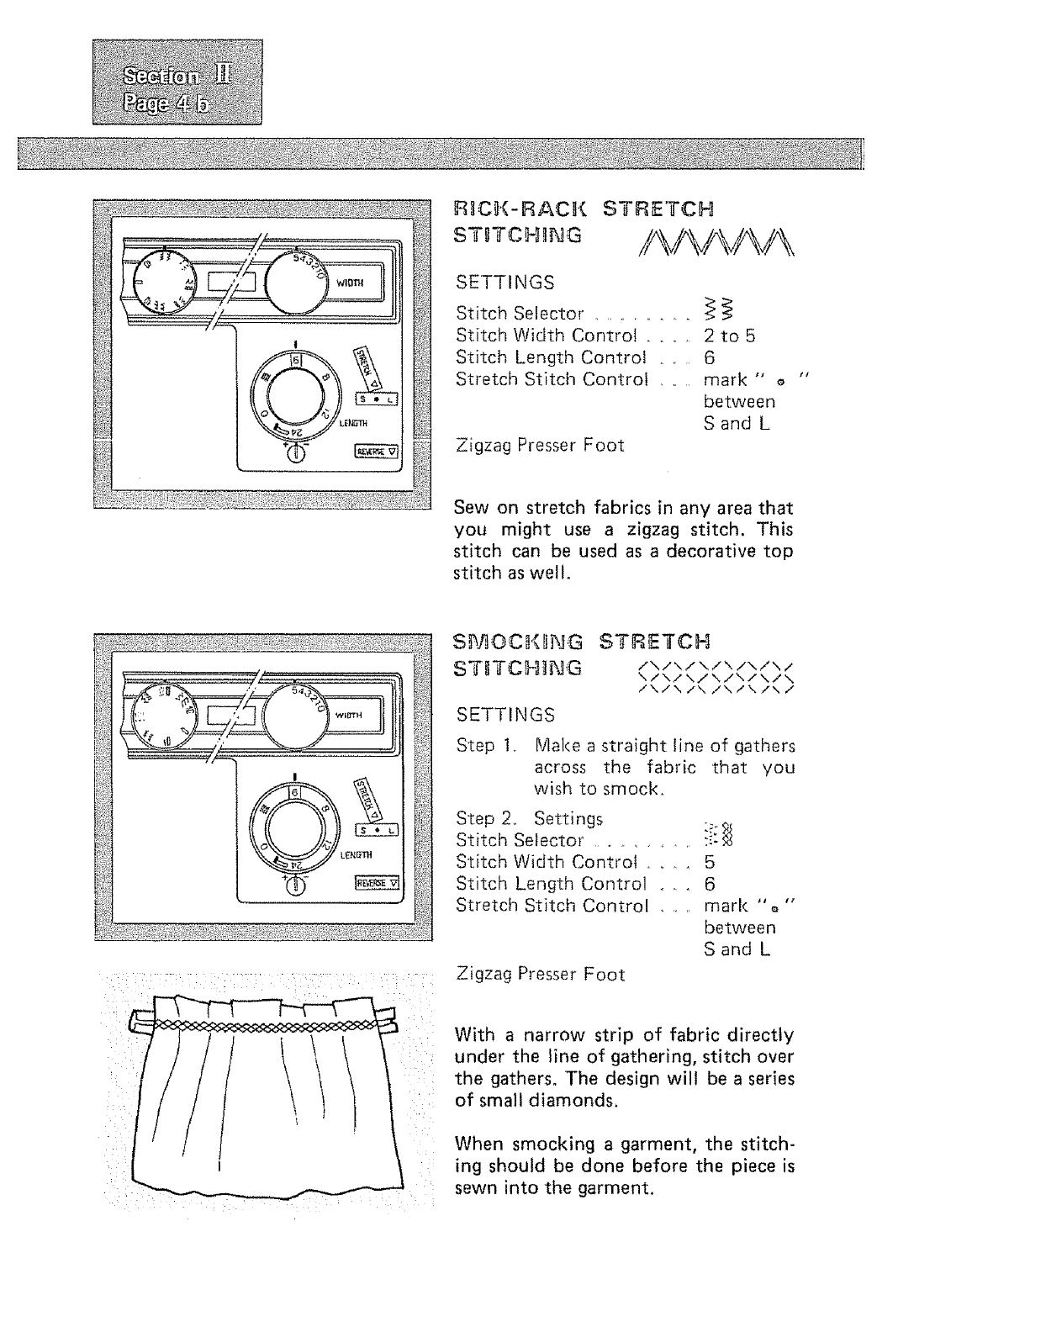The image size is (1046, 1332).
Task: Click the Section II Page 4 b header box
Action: [x=177, y=82]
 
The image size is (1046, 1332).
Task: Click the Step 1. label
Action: [x=484, y=746]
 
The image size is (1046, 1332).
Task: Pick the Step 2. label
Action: [x=485, y=818]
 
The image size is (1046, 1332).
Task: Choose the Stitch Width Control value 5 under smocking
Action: [x=710, y=862]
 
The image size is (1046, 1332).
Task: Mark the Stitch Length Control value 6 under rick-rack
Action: [x=710, y=357]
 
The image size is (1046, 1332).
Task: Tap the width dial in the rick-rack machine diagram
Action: [x=298, y=279]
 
